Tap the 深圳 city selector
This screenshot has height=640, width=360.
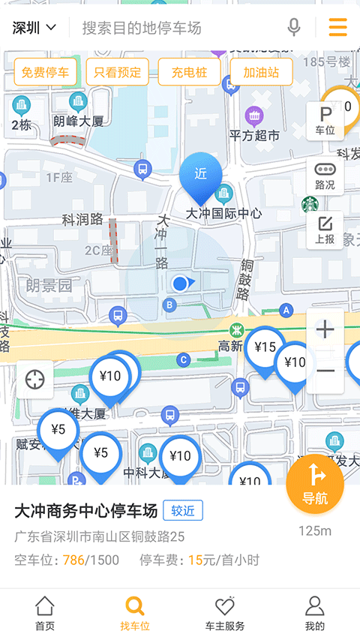(x=34, y=29)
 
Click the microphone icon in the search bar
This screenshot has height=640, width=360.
(x=294, y=28)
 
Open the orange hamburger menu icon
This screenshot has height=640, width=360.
(x=337, y=28)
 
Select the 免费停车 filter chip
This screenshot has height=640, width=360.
(x=45, y=73)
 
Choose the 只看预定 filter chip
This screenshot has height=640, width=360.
(x=118, y=73)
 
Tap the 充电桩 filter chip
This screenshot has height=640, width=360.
(x=189, y=73)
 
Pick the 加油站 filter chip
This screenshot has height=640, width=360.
(x=261, y=73)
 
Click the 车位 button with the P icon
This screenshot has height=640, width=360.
(x=325, y=120)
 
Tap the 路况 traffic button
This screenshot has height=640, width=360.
(x=325, y=176)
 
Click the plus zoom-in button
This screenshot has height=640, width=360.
(x=325, y=329)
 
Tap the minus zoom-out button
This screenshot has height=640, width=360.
(x=325, y=371)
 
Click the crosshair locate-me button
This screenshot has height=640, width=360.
(x=34, y=380)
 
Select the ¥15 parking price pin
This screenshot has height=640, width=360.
(x=265, y=349)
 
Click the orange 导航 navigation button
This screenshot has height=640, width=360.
(x=315, y=484)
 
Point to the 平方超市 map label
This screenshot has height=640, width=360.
(x=254, y=135)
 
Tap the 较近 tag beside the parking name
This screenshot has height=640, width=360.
(x=182, y=511)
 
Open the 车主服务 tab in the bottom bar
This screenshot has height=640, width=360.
(x=225, y=614)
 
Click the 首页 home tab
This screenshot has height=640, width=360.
(x=45, y=614)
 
